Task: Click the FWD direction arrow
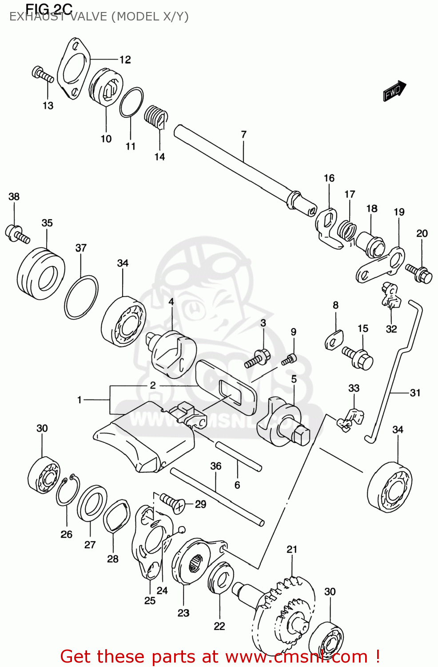pos(394,91)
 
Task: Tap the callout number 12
pos(125,60)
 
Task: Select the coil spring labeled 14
pos(156,117)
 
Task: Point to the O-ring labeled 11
pos(131,102)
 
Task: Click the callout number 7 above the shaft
pos(243,134)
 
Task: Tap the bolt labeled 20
pos(418,273)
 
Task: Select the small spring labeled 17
pos(346,230)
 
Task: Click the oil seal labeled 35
pos(41,274)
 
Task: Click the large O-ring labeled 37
pos(81,297)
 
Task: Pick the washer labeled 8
pos(334,340)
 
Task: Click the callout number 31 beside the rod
pos(415,393)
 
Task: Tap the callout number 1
pos(80,400)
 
